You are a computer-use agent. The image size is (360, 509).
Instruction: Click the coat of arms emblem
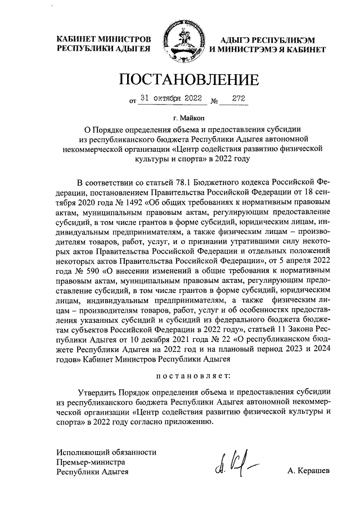click(x=180, y=44)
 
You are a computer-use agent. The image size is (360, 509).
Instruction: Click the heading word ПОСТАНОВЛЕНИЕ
click(x=181, y=79)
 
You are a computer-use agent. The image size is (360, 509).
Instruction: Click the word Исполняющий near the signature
click(x=80, y=452)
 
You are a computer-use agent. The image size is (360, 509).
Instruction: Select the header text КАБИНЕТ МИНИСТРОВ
click(x=104, y=40)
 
